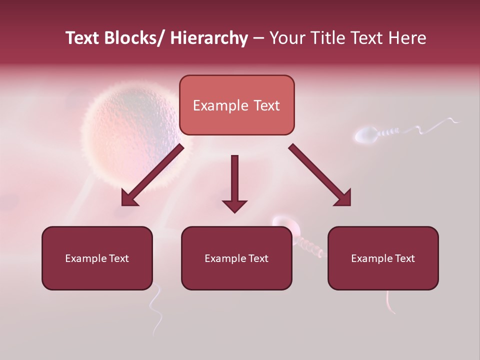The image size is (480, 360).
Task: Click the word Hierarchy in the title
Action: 209,38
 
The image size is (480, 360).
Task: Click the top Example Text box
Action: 236,105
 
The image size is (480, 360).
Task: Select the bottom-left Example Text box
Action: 97,258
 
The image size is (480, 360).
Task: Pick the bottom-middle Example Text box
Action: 236,258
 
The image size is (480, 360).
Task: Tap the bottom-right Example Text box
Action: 383,258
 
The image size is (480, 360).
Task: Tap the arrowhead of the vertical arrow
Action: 234,205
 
